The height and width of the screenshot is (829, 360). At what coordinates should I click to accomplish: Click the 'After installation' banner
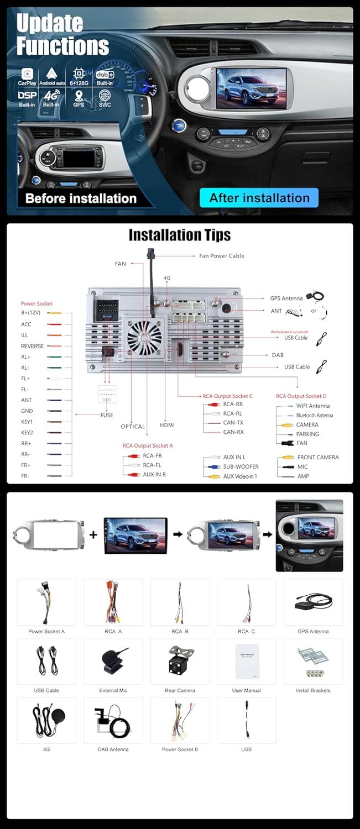259,198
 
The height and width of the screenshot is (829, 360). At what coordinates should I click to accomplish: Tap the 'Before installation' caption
81,198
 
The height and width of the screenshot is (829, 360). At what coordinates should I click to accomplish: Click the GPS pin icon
79,96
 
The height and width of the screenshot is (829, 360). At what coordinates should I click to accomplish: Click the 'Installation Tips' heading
179,235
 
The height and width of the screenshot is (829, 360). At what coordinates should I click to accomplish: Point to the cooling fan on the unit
144,336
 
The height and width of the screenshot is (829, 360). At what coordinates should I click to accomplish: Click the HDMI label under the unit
167,425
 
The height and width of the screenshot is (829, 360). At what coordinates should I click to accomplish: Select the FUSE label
107,415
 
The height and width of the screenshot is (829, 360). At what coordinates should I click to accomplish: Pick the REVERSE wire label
32,346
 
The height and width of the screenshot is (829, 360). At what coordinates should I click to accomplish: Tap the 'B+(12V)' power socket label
34,313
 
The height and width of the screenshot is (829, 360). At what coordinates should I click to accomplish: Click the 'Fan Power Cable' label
221,256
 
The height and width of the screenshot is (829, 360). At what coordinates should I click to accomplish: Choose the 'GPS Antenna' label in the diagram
286,298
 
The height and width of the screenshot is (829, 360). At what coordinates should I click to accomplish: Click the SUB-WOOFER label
241,466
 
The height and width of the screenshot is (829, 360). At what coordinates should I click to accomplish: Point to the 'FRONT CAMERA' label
317,457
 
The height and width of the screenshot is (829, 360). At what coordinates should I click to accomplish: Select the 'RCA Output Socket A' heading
148,445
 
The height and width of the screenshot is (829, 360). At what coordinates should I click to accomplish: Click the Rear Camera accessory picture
180,661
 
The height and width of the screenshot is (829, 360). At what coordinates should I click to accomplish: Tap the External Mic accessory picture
113,661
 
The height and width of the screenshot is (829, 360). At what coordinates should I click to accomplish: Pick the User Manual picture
246,661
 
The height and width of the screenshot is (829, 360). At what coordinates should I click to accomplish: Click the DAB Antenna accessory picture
113,720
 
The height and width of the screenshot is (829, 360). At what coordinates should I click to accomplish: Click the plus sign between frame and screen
93,534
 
